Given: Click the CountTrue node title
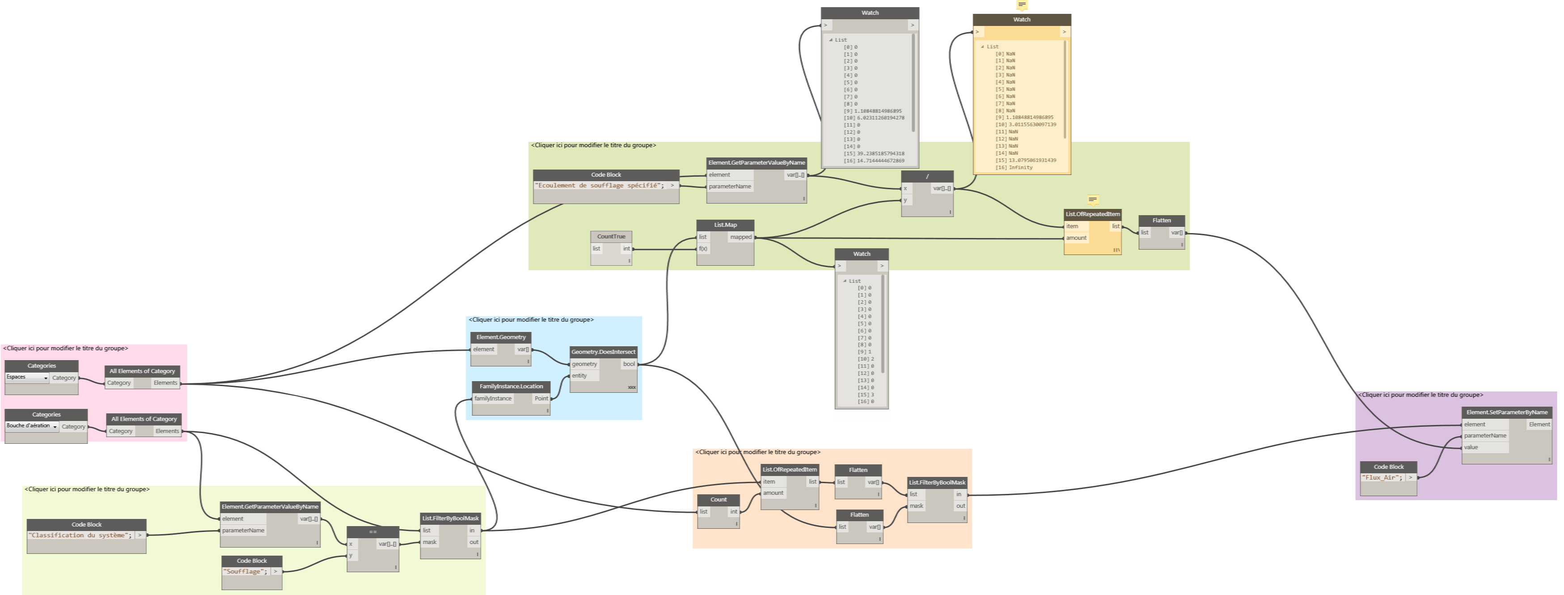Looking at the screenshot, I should (611, 236).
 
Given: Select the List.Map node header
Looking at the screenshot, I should (725, 225).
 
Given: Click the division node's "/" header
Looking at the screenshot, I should (927, 176).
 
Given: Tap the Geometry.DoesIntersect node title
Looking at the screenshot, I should (603, 352).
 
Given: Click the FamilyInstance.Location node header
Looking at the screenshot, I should (511, 387).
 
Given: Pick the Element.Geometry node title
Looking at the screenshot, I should (501, 337).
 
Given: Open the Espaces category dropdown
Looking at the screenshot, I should (27, 378).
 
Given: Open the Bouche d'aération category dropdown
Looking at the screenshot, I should (32, 426).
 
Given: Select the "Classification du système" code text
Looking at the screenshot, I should (80, 535).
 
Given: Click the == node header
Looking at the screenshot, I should (373, 532).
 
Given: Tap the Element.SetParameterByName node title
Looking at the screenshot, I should (1506, 412).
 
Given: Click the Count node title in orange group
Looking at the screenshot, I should (718, 500).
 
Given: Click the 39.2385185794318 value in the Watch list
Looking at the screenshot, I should (880, 154).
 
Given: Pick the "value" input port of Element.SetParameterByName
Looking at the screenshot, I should (1471, 447).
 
